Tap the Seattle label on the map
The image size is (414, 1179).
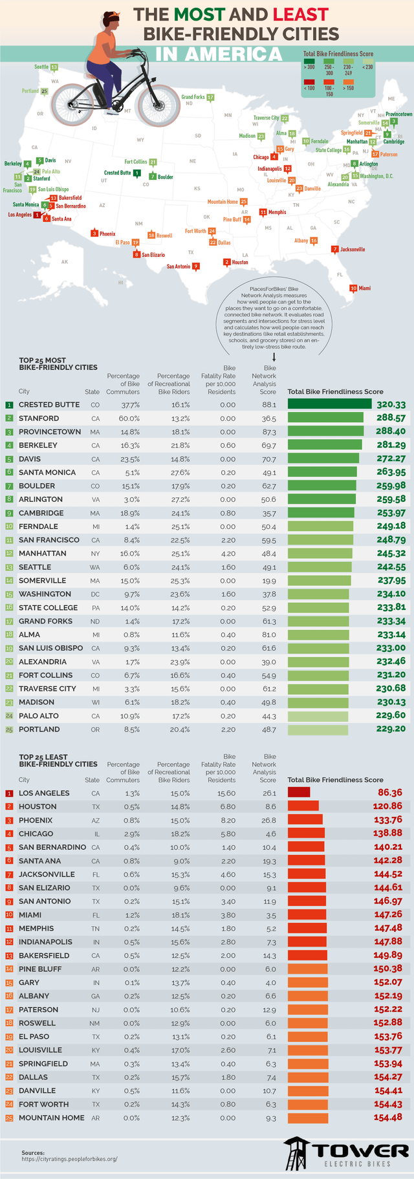[x=41, y=67]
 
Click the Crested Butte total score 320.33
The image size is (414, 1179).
[x=391, y=404]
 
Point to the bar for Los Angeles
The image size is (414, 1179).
[x=298, y=792]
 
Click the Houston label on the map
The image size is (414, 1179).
[x=239, y=262]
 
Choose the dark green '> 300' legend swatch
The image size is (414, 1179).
[x=309, y=66]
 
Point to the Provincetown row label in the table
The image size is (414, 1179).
[x=49, y=431]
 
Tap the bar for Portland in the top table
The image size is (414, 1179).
[x=318, y=729]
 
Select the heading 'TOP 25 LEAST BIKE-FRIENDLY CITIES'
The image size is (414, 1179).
[x=58, y=760]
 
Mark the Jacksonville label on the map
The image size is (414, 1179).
[x=352, y=249]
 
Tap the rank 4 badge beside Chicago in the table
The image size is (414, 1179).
[x=9, y=834]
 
